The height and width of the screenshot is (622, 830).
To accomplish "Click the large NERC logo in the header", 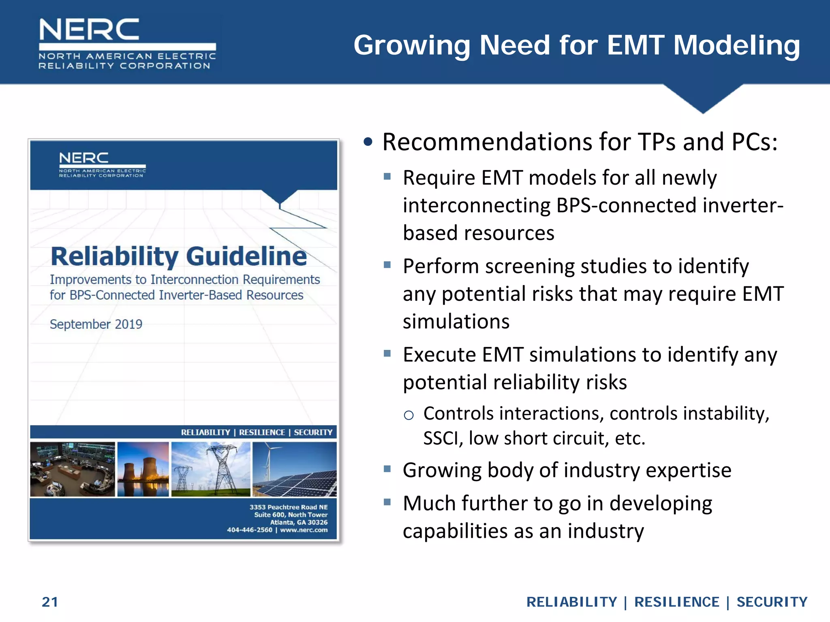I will pos(127,43).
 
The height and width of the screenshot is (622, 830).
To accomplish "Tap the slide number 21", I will pos(50,602).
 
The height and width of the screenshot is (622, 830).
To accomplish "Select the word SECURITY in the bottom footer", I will pos(772,602).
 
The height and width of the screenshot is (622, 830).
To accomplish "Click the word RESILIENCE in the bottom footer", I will pos(676,602).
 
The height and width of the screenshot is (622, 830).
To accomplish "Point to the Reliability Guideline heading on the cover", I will pos(178,256).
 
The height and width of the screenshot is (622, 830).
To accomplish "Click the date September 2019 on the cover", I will pos(96,324).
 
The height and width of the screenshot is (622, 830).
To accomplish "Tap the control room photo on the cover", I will pos(73,469).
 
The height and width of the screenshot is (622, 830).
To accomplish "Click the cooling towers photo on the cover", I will pos(143,469).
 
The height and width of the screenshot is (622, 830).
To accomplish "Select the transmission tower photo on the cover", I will pos(211,469).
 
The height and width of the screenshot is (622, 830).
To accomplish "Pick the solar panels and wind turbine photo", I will pos(295,469).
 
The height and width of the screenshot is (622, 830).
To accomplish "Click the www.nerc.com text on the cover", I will pos(304,530).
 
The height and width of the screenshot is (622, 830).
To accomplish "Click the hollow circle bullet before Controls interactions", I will pos(409,415).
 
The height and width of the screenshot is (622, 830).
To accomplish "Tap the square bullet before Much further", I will pos(387,502).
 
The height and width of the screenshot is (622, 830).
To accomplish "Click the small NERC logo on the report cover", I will pos(102,164).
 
